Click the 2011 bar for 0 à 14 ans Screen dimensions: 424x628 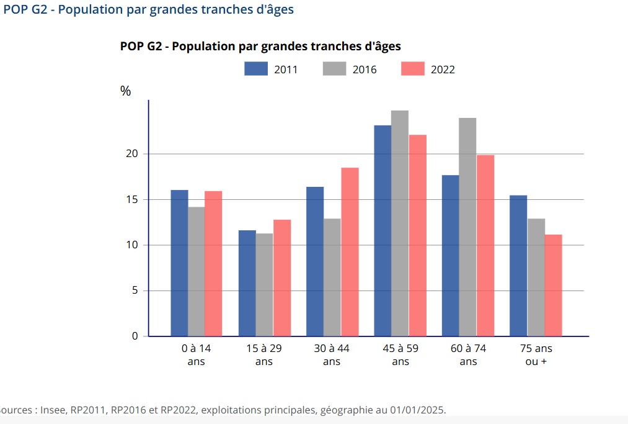pyautogui.click(x=179, y=263)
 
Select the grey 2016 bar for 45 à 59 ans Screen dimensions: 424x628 pyautogui.click(x=400, y=223)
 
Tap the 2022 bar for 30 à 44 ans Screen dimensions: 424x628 pyautogui.click(x=350, y=252)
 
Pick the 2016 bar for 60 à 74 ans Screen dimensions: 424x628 pyautogui.click(x=467, y=227)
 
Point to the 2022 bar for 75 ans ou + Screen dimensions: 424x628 pyautogui.click(x=553, y=286)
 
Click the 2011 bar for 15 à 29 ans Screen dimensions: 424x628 pyautogui.click(x=247, y=283)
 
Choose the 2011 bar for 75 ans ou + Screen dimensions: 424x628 pyautogui.click(x=518, y=266)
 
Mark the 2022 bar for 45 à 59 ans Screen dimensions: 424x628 pyautogui.click(x=418, y=236)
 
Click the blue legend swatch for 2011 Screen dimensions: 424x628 pyautogui.click(x=255, y=69)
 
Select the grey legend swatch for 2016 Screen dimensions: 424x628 pyautogui.click(x=334, y=69)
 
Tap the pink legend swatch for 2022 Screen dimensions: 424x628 pyautogui.click(x=412, y=69)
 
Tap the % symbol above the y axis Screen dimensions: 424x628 pyautogui.click(x=126, y=91)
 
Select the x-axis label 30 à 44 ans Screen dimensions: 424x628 pyautogui.click(x=332, y=354)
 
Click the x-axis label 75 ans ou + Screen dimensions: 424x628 pyautogui.click(x=536, y=354)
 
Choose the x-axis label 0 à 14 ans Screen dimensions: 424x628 pyautogui.click(x=196, y=354)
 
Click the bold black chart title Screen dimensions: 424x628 pyautogui.click(x=260, y=47)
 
